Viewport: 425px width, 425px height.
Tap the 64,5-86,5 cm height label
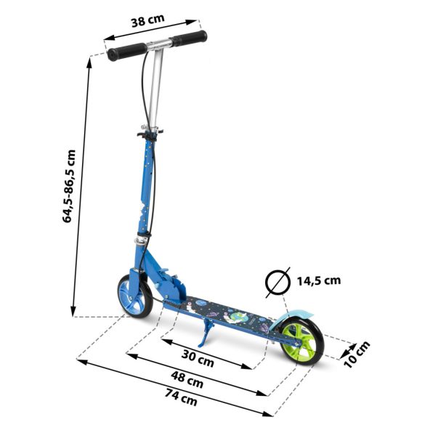click(x=69, y=186)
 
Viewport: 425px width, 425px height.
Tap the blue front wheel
click(x=134, y=295)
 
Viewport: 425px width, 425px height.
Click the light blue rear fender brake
click(x=298, y=313)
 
